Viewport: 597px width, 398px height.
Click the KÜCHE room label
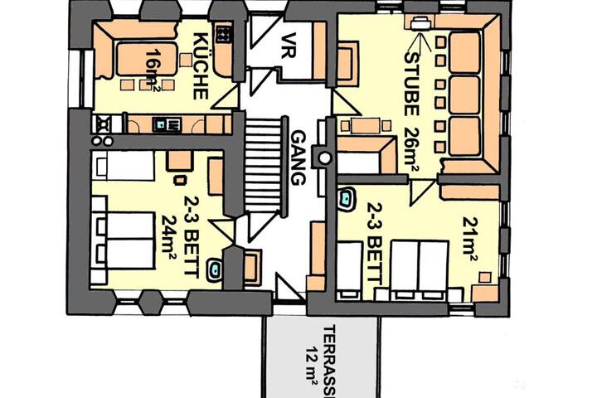(201, 66)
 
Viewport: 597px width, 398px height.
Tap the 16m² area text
(153, 70)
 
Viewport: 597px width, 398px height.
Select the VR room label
(289, 46)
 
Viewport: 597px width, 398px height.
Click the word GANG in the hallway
(298, 158)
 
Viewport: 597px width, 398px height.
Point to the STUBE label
(412, 84)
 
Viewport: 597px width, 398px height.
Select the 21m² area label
(470, 239)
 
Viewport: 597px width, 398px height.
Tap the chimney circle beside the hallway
(324, 158)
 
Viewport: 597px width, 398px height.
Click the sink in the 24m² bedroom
(215, 269)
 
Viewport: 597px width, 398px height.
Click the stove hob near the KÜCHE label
(224, 34)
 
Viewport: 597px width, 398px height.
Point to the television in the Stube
(420, 22)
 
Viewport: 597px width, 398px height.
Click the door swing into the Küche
(226, 98)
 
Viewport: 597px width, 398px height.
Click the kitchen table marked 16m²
(147, 60)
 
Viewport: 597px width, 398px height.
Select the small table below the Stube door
(365, 126)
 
